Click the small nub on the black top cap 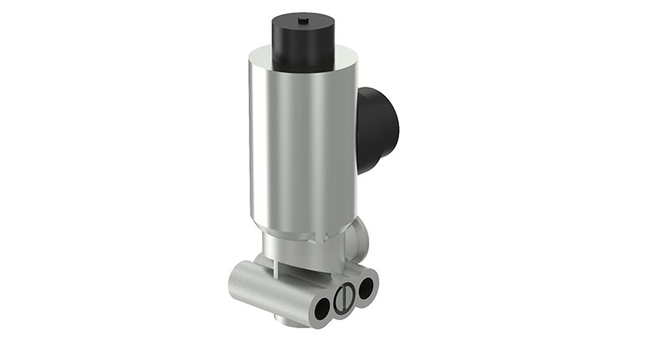(303, 18)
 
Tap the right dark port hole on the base (364, 289)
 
